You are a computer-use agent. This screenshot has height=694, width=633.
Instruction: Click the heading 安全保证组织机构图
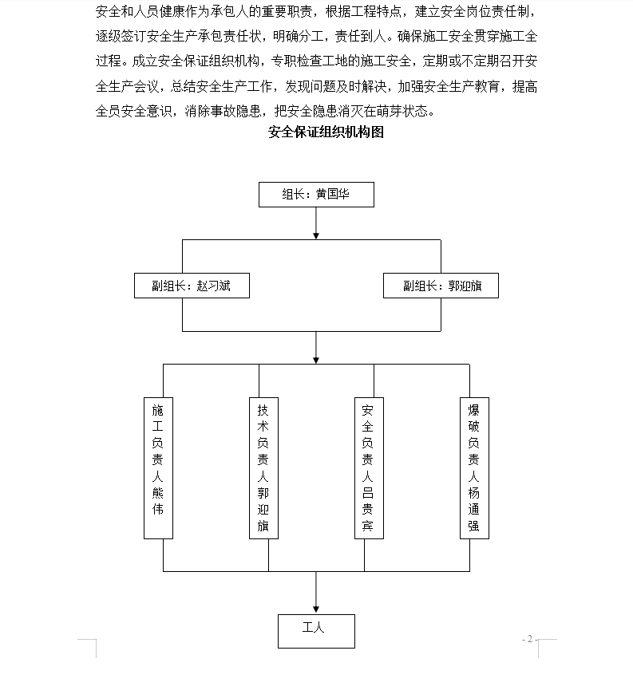(x=326, y=132)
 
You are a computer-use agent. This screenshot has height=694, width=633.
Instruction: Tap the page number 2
(x=529, y=639)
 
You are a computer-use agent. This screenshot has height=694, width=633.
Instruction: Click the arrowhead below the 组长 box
(x=316, y=235)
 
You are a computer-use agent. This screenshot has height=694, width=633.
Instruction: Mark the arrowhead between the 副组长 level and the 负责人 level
(x=316, y=361)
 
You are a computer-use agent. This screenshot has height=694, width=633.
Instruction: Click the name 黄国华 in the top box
(x=333, y=194)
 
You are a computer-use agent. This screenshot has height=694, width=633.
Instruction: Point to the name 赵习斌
(x=213, y=286)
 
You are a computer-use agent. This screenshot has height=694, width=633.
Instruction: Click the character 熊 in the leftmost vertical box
(x=158, y=493)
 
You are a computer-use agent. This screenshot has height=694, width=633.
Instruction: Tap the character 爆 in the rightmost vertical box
(x=473, y=410)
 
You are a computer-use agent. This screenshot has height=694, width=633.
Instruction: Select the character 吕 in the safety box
(x=368, y=493)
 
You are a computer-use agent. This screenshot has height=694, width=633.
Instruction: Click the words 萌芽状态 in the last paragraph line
(x=402, y=111)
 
